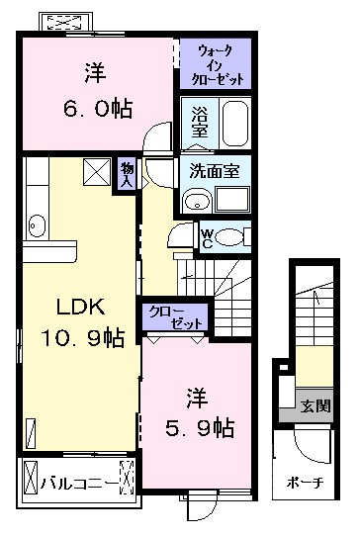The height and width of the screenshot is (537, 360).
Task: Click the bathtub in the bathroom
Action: click(233, 124)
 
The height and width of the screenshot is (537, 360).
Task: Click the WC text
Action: click(207, 237)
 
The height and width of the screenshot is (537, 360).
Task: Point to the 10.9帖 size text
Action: click(81, 338)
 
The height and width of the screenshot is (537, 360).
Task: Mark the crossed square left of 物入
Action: click(96, 172)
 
